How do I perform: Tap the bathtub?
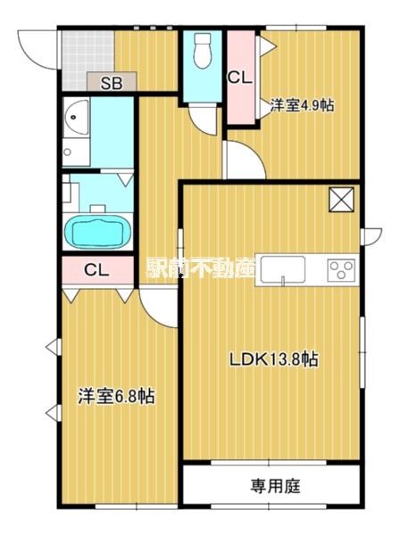(x=97, y=232)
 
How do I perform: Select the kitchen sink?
(x=283, y=270)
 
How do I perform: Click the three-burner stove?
(x=341, y=270)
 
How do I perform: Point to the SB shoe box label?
(x=112, y=83)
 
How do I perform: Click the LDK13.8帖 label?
(x=273, y=359)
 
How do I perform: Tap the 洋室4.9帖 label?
(x=303, y=105)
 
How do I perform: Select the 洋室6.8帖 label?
(x=116, y=397)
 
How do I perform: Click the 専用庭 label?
(x=276, y=486)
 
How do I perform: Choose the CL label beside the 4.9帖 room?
(x=240, y=78)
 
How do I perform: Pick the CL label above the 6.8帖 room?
(x=97, y=270)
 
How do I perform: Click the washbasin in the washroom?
(x=77, y=117)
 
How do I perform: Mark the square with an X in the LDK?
(x=341, y=200)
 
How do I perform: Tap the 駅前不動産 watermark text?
(x=201, y=266)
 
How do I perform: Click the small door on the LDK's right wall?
(x=371, y=236)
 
